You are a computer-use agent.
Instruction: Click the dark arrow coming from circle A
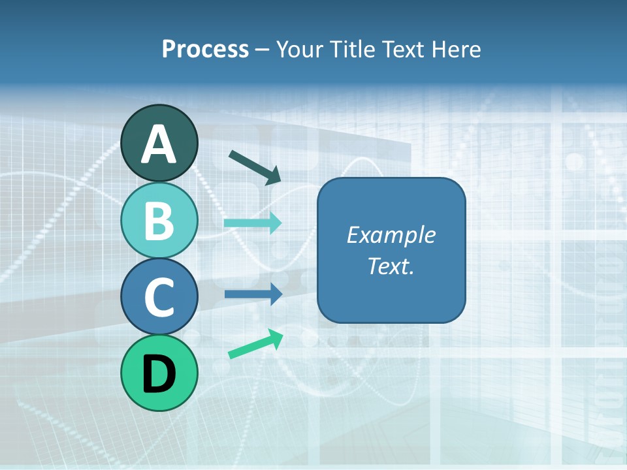[x=255, y=166]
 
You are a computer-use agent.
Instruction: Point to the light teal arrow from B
[x=253, y=223]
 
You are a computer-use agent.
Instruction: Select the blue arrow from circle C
[x=253, y=294]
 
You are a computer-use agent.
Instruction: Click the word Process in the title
[x=205, y=50]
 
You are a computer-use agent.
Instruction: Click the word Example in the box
[x=391, y=235]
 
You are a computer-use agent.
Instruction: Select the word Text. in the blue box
[x=391, y=266]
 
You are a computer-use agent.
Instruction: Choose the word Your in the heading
[x=300, y=50]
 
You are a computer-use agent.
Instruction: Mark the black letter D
[x=159, y=374]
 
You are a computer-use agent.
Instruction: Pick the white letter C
[x=159, y=298]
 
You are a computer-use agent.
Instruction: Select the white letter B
[x=159, y=221]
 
